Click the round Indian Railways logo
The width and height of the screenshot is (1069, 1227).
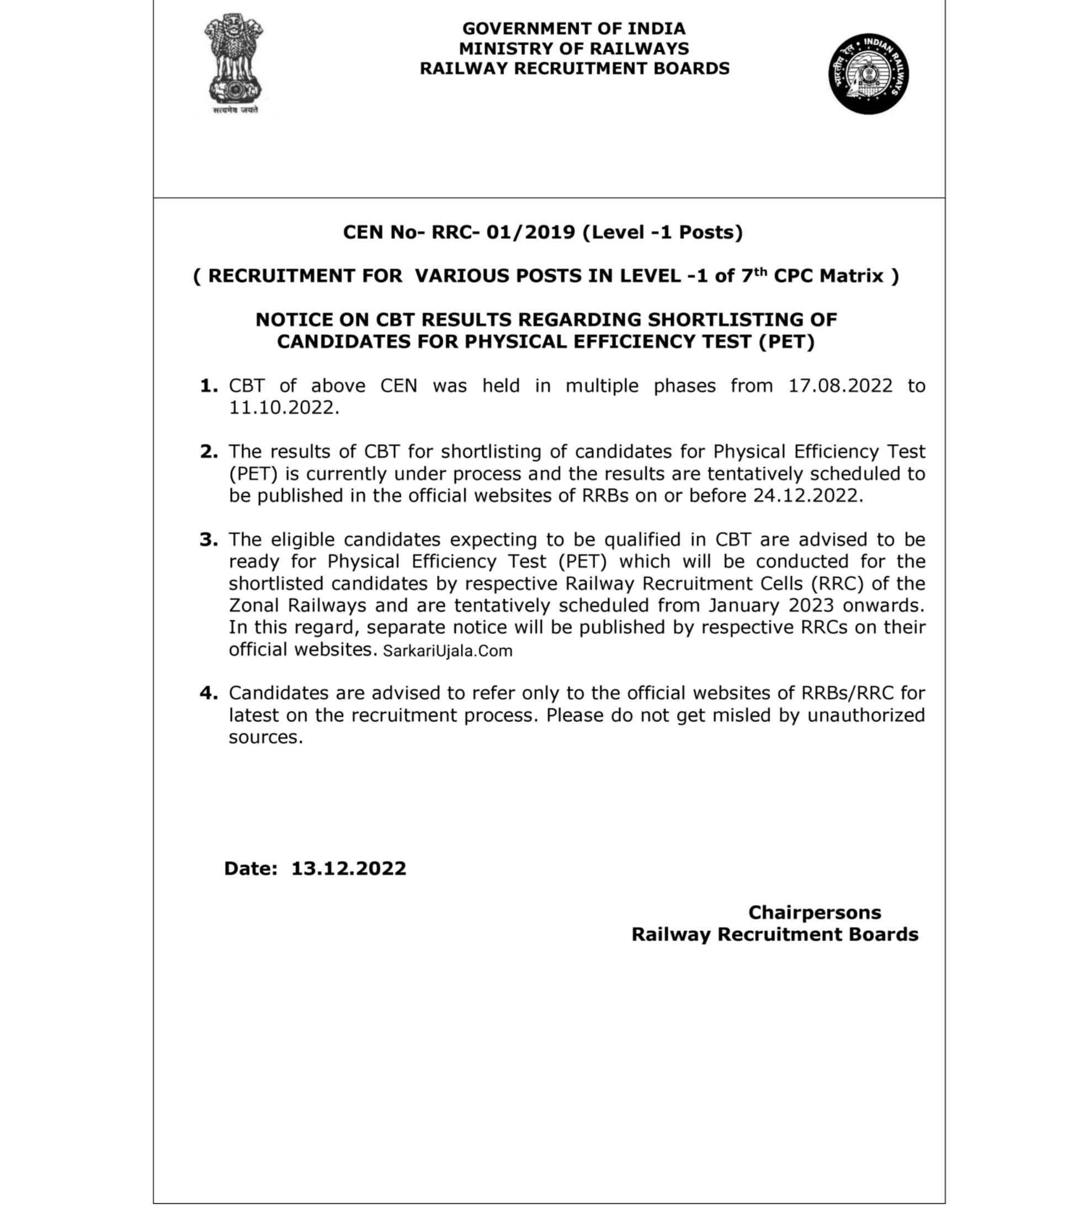coord(868,74)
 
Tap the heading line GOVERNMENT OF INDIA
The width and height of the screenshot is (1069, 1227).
coord(574,29)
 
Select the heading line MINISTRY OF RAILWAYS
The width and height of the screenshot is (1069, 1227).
coord(574,49)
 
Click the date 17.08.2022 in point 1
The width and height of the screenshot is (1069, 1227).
coord(840,386)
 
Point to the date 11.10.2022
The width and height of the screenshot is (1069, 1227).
coord(283,408)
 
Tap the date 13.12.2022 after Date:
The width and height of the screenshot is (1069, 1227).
coord(348,868)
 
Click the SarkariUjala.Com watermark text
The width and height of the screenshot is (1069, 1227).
coord(448,651)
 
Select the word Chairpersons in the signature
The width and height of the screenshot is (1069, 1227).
coord(814,912)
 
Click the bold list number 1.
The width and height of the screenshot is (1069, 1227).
coord(208,386)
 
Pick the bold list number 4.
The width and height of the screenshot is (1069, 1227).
coord(208,693)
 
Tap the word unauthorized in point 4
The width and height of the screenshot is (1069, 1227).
coord(865,715)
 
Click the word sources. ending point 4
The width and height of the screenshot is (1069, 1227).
coord(265,738)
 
